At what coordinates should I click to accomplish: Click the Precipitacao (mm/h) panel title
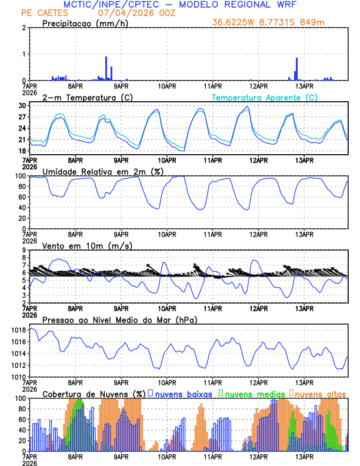85,23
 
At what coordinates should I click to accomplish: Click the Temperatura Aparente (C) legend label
264,97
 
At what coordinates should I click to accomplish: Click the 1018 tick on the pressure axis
18,330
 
